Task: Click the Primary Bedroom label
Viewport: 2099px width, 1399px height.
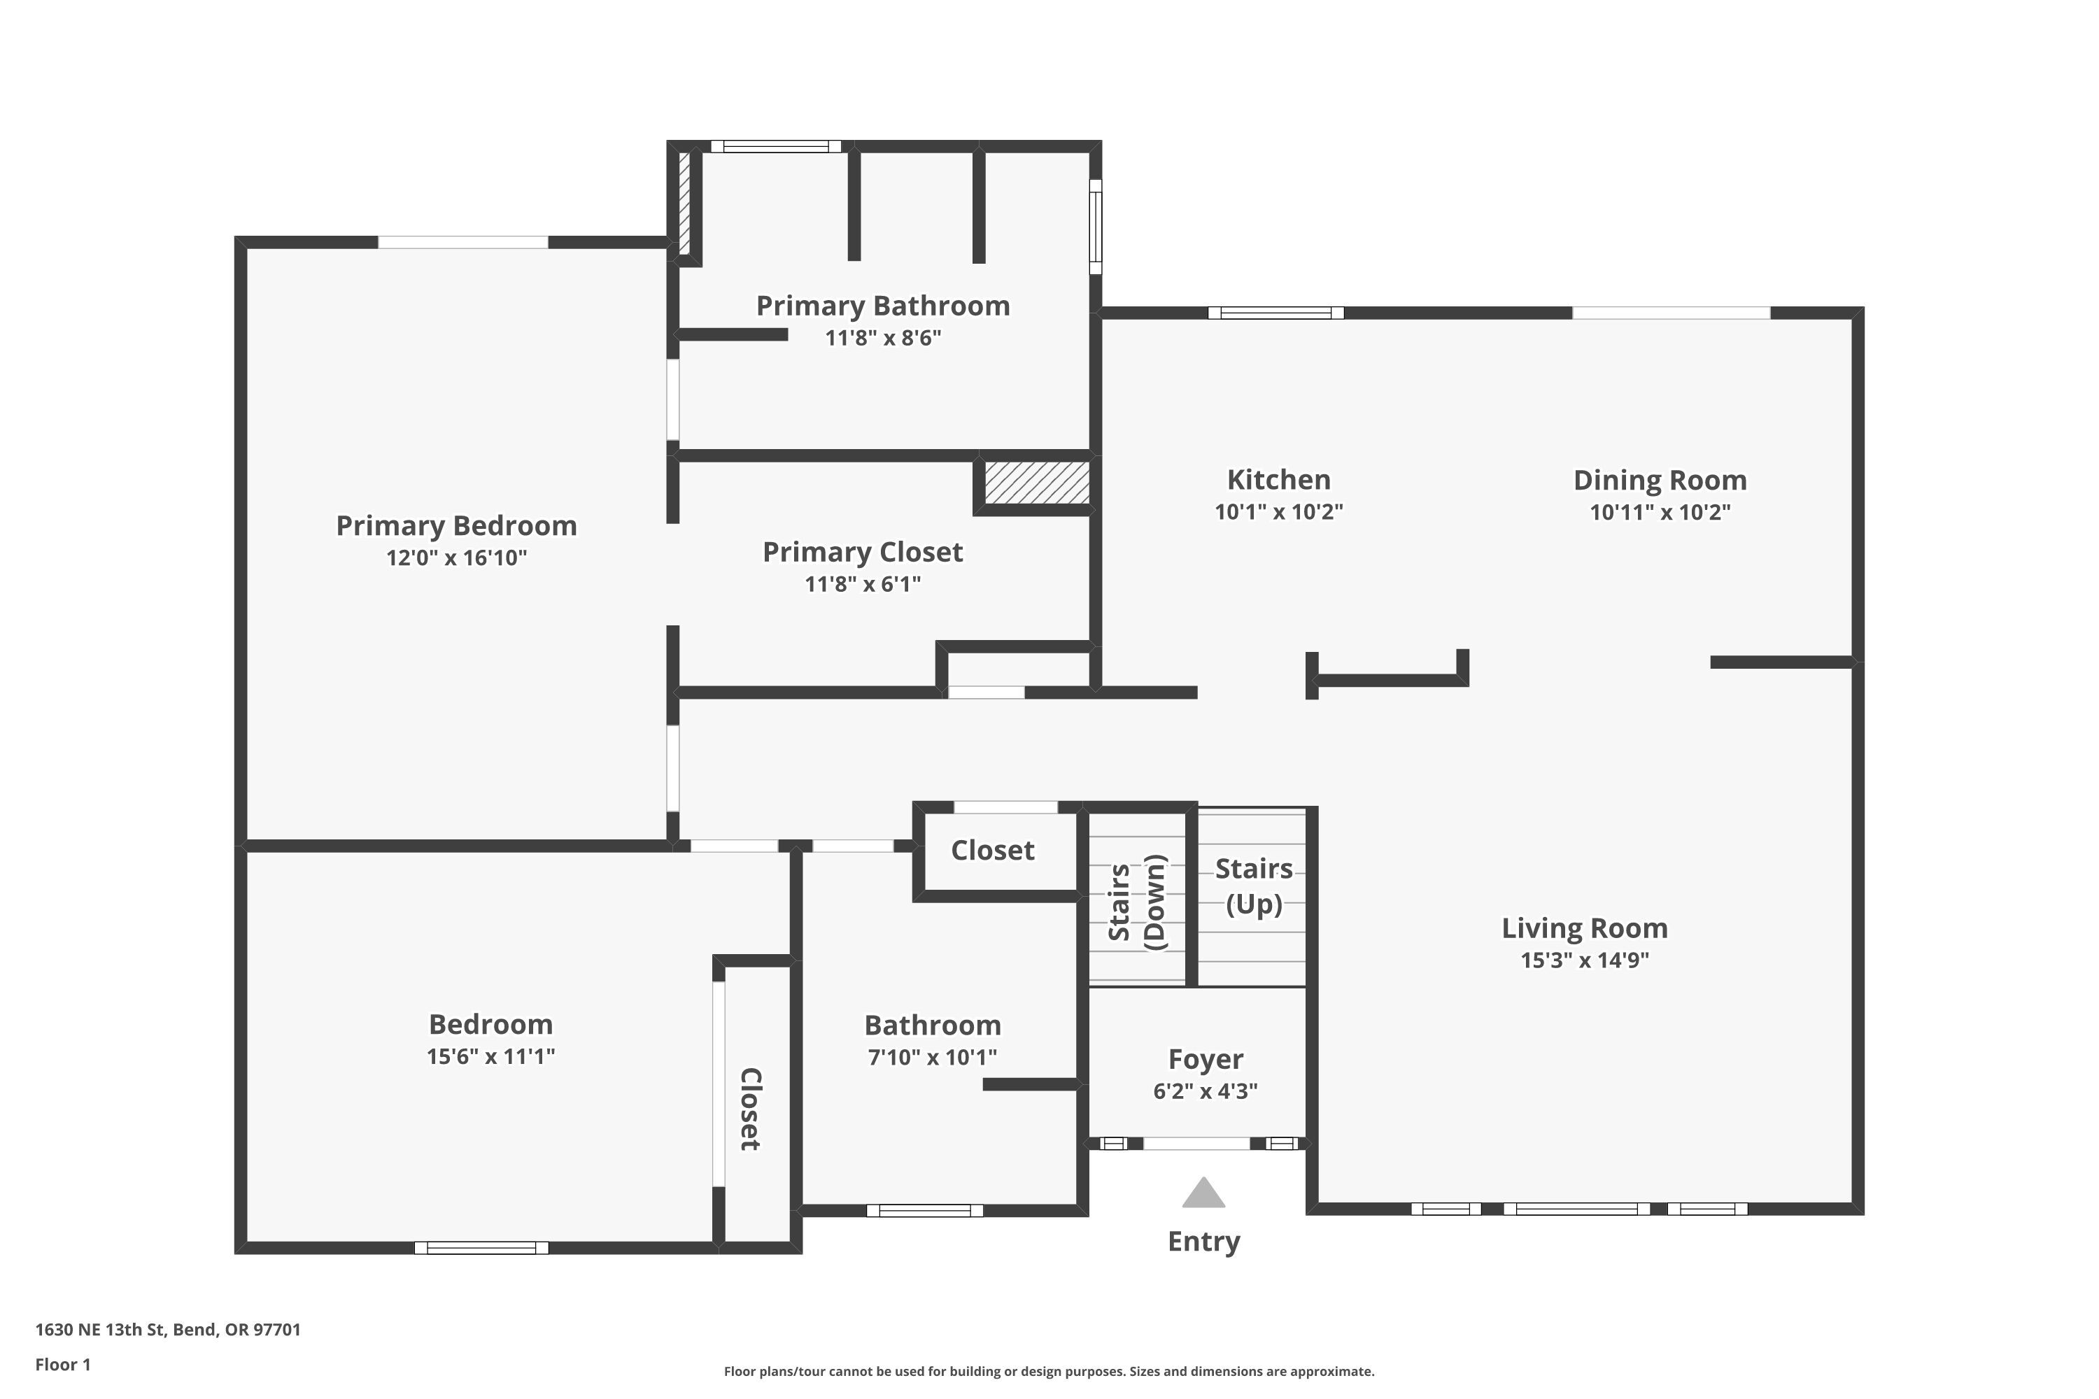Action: pyautogui.click(x=456, y=525)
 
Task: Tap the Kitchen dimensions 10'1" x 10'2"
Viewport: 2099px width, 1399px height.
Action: pyautogui.click(x=1278, y=512)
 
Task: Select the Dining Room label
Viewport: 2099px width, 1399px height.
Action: pyautogui.click(x=1659, y=480)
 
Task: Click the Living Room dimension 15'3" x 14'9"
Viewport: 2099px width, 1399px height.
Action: pyautogui.click(x=1584, y=960)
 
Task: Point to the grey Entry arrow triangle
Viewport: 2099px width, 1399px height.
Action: pyautogui.click(x=1203, y=1194)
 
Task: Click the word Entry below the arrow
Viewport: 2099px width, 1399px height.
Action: pyautogui.click(x=1203, y=1241)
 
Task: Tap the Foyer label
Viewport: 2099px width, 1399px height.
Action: pyautogui.click(x=1205, y=1059)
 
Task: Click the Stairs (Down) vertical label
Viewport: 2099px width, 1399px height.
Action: pyautogui.click(x=1137, y=902)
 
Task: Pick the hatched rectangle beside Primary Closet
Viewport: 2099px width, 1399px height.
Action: pyautogui.click(x=1036, y=483)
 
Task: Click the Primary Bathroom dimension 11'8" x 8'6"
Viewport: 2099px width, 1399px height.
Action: pyautogui.click(x=882, y=338)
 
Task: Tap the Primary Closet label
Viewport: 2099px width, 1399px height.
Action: pyautogui.click(x=862, y=553)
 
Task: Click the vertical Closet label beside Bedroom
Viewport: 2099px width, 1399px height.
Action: pyautogui.click(x=751, y=1109)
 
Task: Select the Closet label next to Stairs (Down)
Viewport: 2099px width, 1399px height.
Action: pyautogui.click(x=992, y=851)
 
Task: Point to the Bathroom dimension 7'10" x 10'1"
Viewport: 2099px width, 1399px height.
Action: pyautogui.click(x=932, y=1057)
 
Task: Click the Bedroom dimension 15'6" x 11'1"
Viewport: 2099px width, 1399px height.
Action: pyautogui.click(x=490, y=1056)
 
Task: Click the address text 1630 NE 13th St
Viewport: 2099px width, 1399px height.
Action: pyautogui.click(x=168, y=1330)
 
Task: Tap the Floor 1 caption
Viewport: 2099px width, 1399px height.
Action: pyautogui.click(x=62, y=1364)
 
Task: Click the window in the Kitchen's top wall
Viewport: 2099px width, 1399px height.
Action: pyautogui.click(x=1275, y=312)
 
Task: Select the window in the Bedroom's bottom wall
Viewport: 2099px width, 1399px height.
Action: pyautogui.click(x=481, y=1247)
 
